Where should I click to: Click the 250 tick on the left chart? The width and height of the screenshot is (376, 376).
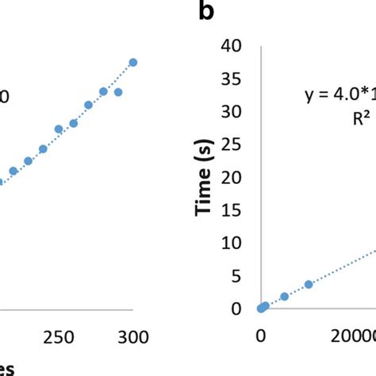58,337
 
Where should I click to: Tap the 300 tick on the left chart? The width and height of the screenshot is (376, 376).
133,337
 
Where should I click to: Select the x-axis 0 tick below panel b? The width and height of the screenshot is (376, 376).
261,337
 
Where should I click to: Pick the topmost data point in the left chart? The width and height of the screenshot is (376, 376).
133,62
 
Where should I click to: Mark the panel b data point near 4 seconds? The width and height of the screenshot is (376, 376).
309,284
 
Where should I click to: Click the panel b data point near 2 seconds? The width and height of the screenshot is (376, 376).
285,297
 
